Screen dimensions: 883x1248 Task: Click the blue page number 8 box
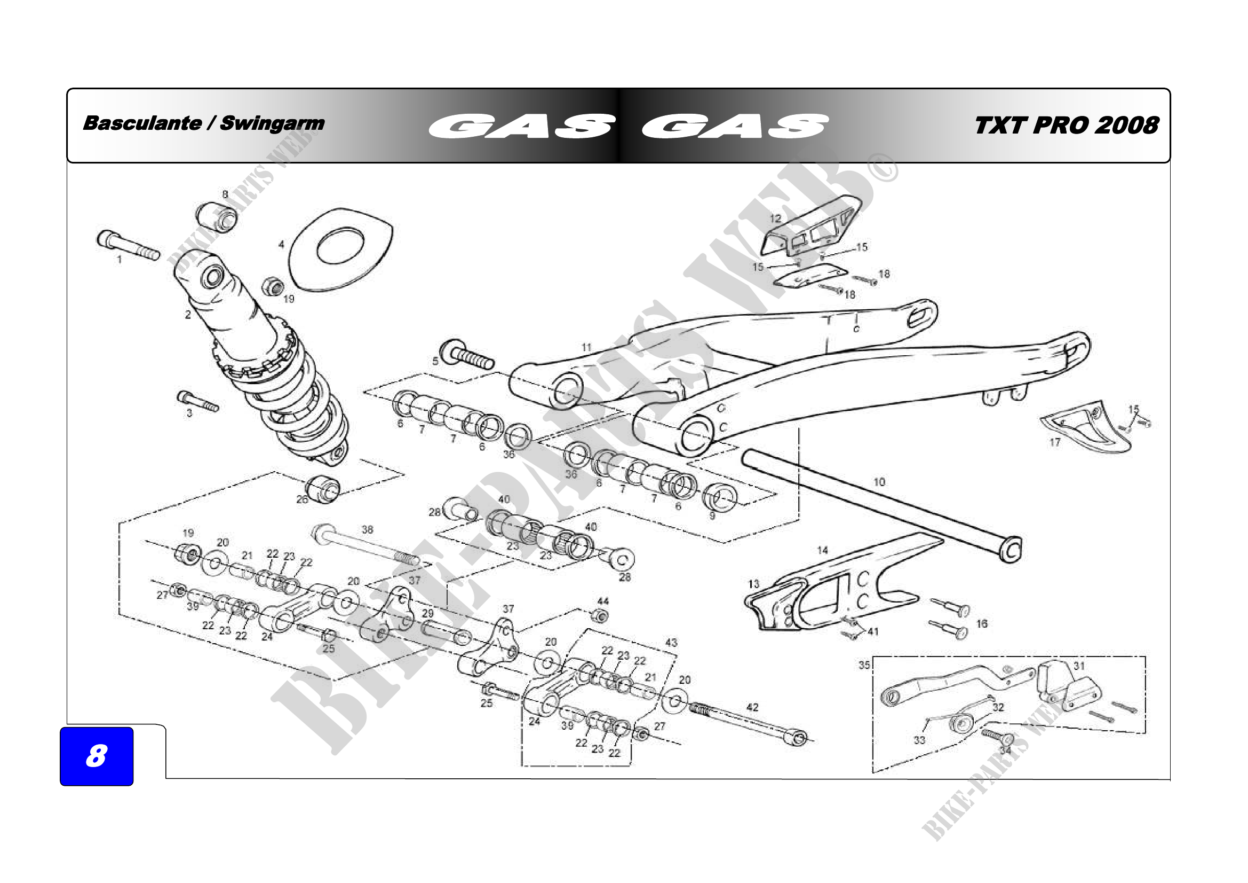point(96,756)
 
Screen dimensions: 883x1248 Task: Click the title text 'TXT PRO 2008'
point(1067,125)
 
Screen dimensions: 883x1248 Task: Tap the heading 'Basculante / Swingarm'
point(203,123)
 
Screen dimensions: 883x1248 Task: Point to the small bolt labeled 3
point(197,402)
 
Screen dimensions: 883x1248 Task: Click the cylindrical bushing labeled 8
point(217,216)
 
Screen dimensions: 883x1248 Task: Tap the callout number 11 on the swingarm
point(586,347)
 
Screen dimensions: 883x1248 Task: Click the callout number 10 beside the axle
point(879,481)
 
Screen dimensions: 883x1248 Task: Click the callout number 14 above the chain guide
point(822,550)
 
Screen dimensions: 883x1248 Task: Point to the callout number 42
point(752,707)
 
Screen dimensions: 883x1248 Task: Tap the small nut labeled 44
point(600,616)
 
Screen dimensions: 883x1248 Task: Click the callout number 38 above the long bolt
point(368,529)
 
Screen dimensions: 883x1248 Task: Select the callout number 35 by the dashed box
point(864,665)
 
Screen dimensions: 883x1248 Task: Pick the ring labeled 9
point(720,496)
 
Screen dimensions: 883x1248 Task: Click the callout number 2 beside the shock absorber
point(187,315)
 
